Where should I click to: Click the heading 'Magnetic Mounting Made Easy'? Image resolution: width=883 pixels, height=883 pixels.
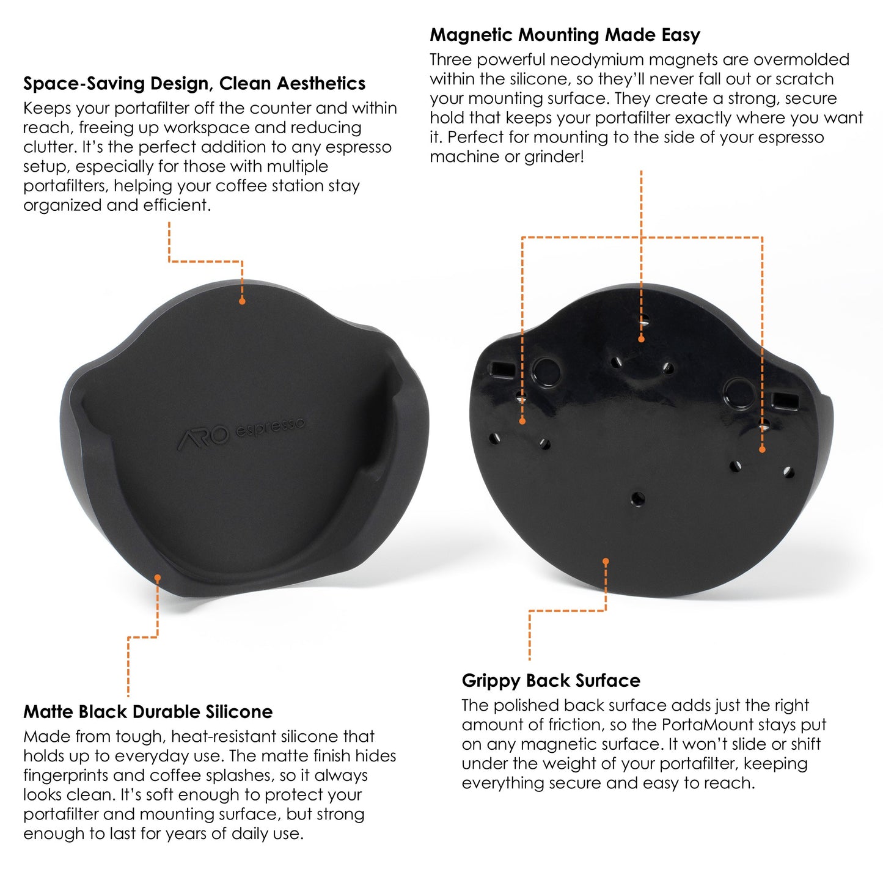click(565, 35)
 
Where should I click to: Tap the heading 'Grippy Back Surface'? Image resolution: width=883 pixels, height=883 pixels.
click(551, 681)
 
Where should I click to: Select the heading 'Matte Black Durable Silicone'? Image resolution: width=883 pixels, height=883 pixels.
click(148, 712)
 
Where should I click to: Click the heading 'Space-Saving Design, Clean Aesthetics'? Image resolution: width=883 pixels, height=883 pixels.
click(194, 83)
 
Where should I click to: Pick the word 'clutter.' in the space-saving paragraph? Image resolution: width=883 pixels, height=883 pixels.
click(50, 147)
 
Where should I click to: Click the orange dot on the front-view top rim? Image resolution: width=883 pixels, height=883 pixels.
click(242, 301)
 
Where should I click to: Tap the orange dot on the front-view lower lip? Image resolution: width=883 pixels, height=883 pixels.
click(158, 577)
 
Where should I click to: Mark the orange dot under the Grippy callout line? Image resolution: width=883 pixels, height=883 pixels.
click(606, 562)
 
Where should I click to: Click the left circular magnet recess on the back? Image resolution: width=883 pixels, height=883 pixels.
click(545, 372)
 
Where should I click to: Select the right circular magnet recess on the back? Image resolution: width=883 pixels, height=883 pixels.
click(739, 392)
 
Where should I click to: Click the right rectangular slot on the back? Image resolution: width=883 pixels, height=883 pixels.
click(785, 401)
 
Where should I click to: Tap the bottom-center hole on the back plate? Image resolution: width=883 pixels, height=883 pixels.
click(637, 498)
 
